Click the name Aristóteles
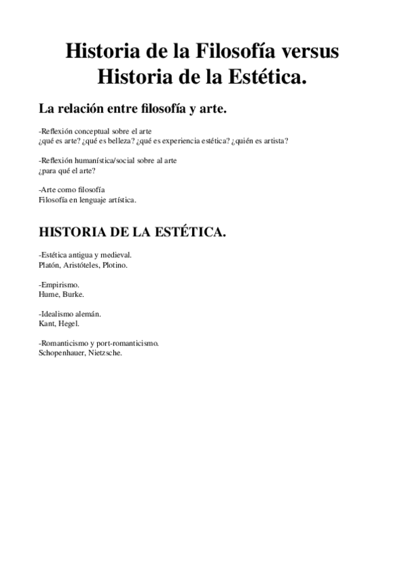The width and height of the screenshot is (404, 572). point(83,265)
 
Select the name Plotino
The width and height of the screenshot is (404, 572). point(115,265)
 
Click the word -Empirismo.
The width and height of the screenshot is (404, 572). point(59,285)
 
